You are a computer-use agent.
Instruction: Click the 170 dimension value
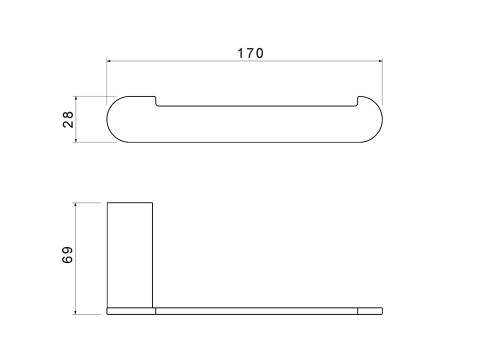[250, 53]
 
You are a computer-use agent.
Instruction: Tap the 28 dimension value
[68, 119]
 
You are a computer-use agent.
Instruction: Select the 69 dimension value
[67, 255]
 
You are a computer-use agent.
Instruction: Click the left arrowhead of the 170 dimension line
[109, 61]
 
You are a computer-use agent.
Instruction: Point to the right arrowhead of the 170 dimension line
[380, 61]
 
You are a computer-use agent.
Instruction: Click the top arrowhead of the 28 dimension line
[76, 98]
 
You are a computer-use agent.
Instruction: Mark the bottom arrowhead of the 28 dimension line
[76, 140]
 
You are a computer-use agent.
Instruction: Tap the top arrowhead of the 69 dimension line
[76, 204]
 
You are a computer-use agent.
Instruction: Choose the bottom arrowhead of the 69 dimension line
[76, 312]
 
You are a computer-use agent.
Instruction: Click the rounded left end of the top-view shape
[107, 119]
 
